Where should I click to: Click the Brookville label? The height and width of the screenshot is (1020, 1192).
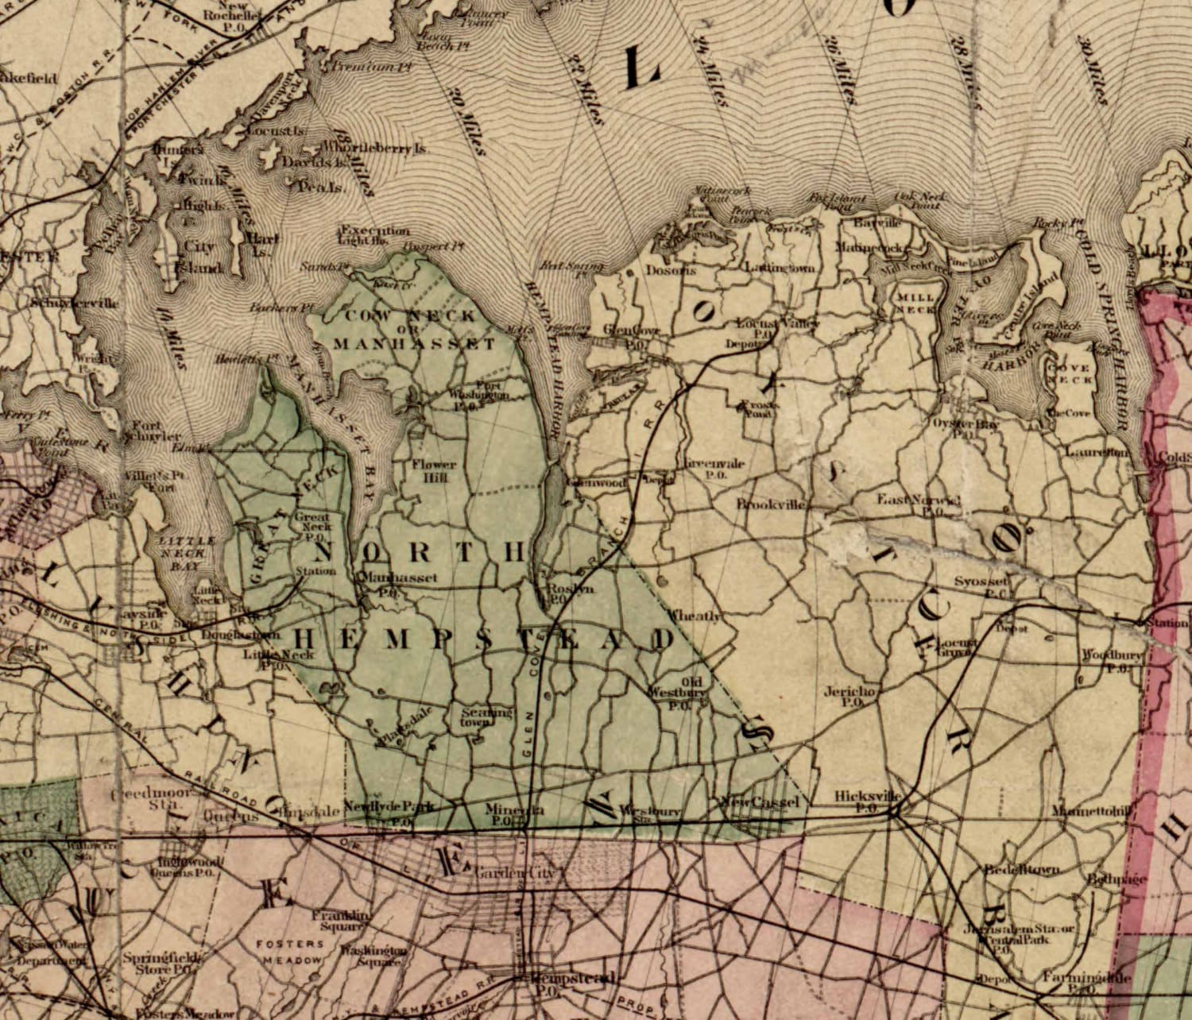[771, 504]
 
